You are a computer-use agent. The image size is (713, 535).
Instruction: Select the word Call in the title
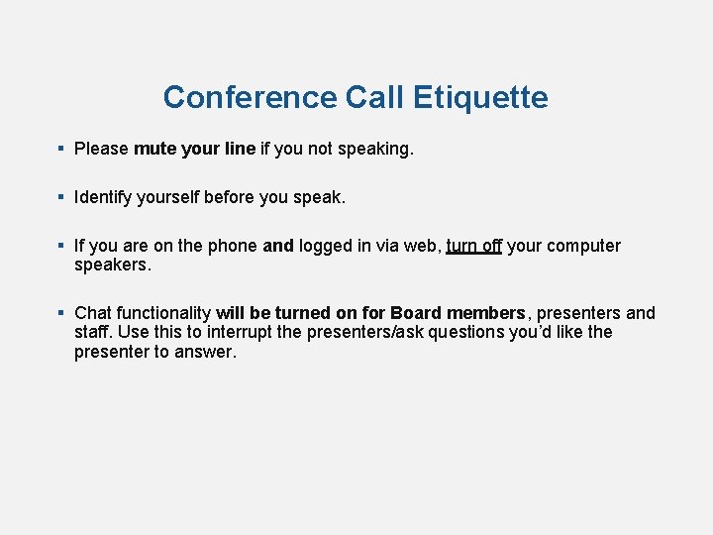point(375,97)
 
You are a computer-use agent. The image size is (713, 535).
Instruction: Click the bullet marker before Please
point(61,149)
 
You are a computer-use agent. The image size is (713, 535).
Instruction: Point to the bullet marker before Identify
point(61,197)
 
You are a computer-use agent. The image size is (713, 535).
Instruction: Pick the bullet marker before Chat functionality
point(61,313)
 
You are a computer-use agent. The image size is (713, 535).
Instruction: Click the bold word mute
point(154,149)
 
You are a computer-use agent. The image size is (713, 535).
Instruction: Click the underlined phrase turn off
point(474,246)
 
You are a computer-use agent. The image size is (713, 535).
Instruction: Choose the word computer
point(583,246)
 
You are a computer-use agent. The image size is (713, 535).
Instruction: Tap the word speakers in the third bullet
point(112,265)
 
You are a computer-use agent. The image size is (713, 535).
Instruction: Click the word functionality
point(163,313)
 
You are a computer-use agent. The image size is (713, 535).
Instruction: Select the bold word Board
point(416,313)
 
